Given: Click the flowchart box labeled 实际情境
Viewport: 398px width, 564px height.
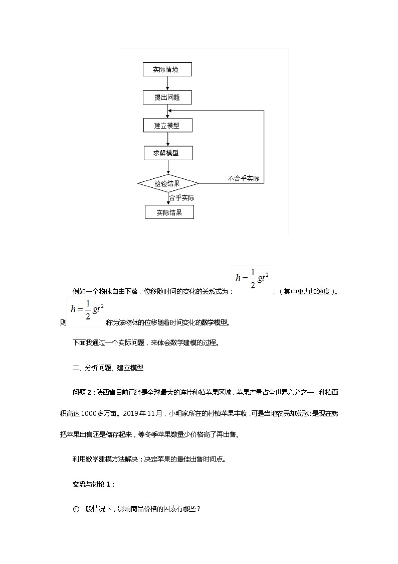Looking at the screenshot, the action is tap(167, 69).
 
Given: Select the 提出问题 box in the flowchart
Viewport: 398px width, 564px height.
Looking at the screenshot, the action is tap(167, 97).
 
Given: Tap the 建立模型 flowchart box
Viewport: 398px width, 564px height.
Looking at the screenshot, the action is tap(167, 126).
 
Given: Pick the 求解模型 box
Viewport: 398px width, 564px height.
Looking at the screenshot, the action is tap(167, 153).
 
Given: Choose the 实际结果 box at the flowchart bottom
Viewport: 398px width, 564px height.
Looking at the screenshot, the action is tap(169, 212).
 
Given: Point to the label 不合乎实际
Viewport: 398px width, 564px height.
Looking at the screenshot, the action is tap(243, 178).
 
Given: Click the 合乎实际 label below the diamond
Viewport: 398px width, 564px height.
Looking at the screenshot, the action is tap(181, 198).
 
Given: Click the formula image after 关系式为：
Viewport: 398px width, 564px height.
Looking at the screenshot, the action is tap(253, 281).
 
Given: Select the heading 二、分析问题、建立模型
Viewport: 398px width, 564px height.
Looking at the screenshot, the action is tap(108, 368).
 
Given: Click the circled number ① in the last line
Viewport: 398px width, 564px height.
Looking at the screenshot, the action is tap(76, 509).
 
